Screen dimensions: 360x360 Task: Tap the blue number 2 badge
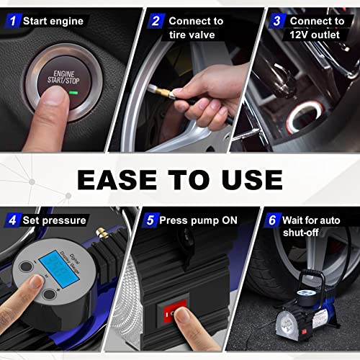pyautogui.click(x=154, y=21)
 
